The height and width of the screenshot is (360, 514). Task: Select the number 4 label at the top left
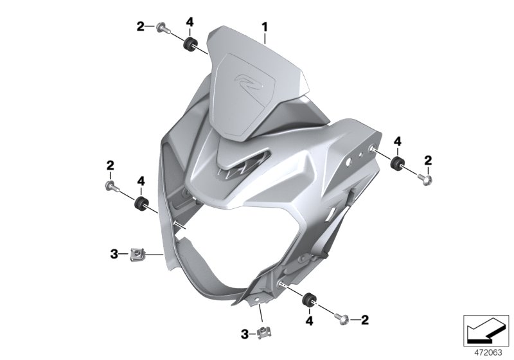[190, 22]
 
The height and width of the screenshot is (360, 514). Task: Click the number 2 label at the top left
[140, 26]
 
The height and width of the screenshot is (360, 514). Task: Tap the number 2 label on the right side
[428, 159]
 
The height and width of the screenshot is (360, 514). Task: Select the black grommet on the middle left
[139, 204]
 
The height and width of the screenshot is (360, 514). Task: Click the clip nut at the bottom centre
[263, 332]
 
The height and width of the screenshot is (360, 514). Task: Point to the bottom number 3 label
[244, 334]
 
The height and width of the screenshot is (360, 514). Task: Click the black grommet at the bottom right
[310, 298]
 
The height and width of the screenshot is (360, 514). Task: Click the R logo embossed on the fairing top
[245, 84]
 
